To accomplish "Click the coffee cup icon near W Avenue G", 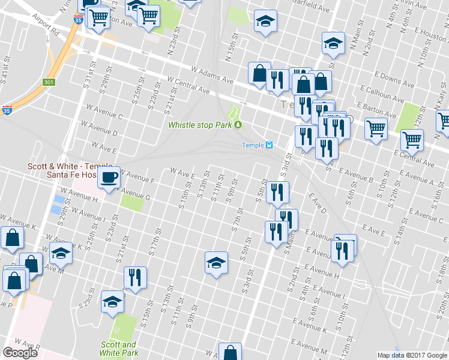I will point(109,178).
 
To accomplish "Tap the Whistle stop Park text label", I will point(200,125).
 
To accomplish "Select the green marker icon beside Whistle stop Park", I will point(238,125).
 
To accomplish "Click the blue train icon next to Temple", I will point(270,145).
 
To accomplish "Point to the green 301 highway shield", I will point(49,82).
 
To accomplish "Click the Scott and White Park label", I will point(118,349).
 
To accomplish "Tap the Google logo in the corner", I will point(20,353).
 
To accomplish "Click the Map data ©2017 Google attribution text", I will point(412,355).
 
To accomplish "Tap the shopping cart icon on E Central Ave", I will point(412,140).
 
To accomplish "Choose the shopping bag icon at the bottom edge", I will point(229,352).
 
